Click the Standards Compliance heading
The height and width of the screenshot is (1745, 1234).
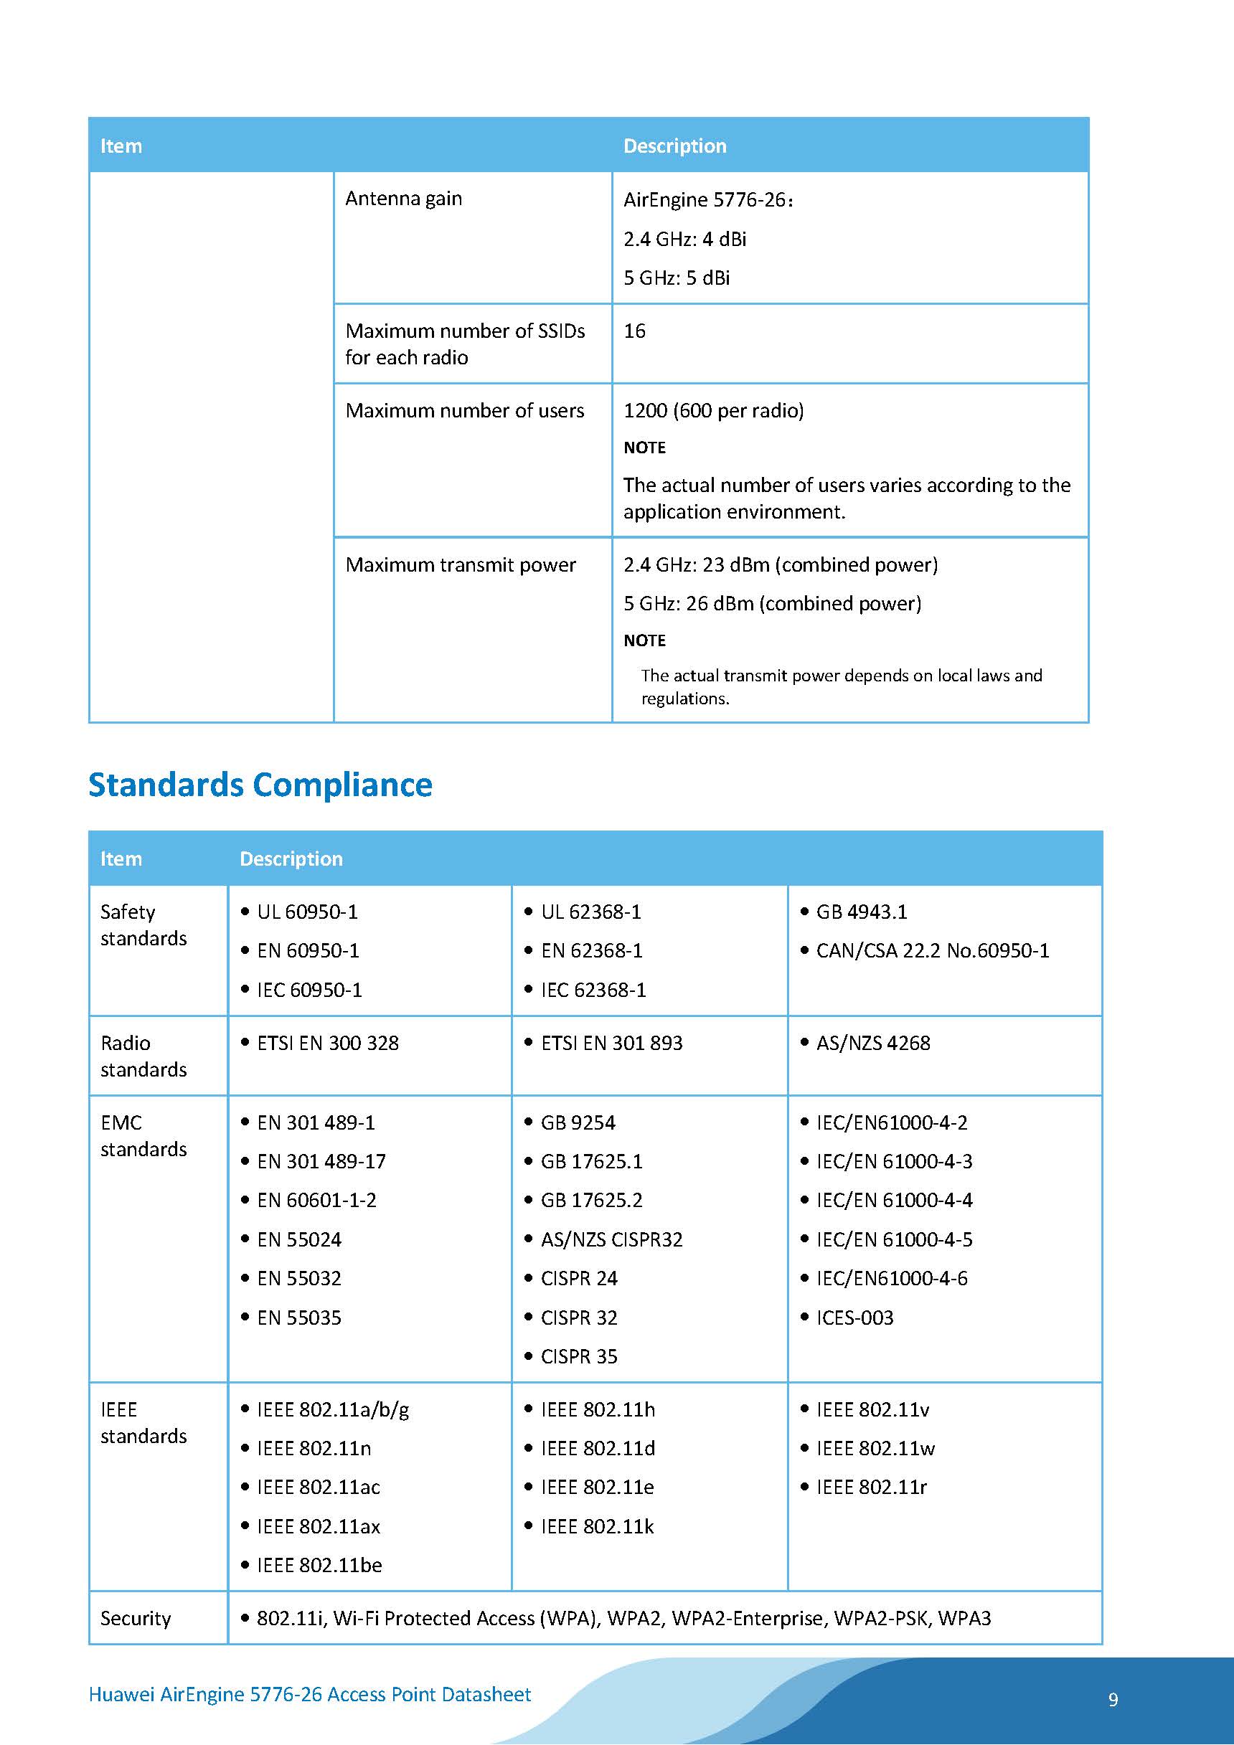pyautogui.click(x=260, y=785)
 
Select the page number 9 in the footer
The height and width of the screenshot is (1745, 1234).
pyautogui.click(x=1113, y=1699)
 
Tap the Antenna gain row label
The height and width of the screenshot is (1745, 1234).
pyautogui.click(x=403, y=199)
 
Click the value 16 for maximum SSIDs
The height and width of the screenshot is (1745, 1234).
pyautogui.click(x=634, y=331)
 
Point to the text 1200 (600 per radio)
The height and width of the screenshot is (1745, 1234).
pyautogui.click(x=713, y=410)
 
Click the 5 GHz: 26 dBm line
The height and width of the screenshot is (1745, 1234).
pyautogui.click(x=772, y=603)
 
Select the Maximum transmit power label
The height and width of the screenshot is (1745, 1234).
pyautogui.click(x=460, y=564)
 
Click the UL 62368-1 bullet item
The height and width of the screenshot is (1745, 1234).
pyautogui.click(x=590, y=912)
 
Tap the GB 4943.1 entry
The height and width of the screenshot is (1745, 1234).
pyautogui.click(x=862, y=912)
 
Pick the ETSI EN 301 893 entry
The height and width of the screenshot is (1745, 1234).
pyautogui.click(x=611, y=1043)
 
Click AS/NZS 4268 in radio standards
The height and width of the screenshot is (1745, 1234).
pyautogui.click(x=873, y=1043)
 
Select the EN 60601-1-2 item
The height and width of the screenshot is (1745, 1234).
pyautogui.click(x=316, y=1200)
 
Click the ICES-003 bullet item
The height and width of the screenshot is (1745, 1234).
pyautogui.click(x=854, y=1317)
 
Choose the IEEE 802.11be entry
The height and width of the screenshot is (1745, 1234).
pyautogui.click(x=319, y=1565)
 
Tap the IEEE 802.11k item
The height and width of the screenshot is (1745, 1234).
pyautogui.click(x=597, y=1526)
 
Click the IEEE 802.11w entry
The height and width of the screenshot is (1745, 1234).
pyautogui.click(x=875, y=1448)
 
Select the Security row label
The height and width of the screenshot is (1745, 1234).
pyautogui.click(x=136, y=1618)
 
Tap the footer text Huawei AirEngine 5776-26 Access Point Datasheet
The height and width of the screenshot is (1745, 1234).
pyautogui.click(x=309, y=1694)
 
